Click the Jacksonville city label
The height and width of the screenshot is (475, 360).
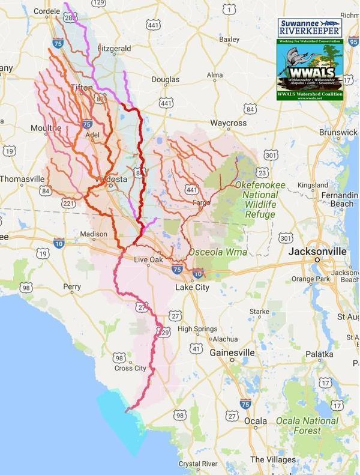pyautogui.click(x=316, y=251)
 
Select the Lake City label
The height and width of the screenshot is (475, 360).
pyautogui.click(x=191, y=288)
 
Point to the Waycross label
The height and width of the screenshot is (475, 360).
pyautogui.click(x=229, y=123)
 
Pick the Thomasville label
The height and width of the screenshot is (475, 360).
pyautogui.click(x=22, y=179)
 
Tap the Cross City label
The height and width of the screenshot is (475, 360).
pyautogui.click(x=131, y=368)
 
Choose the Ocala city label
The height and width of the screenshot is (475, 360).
pyautogui.click(x=256, y=421)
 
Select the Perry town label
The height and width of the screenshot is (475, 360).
pyautogui.click(x=71, y=287)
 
